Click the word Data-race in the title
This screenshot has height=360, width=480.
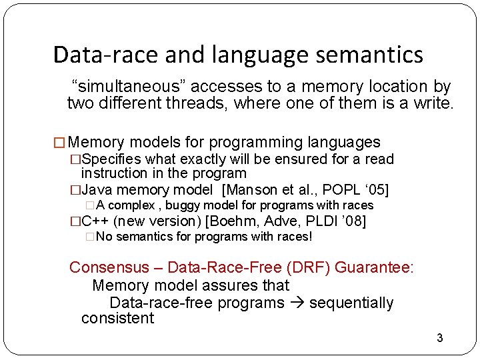96,55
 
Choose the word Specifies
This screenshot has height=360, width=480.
110,159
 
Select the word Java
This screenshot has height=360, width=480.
95,189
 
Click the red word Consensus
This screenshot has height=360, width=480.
109,268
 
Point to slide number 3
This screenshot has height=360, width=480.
439,338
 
